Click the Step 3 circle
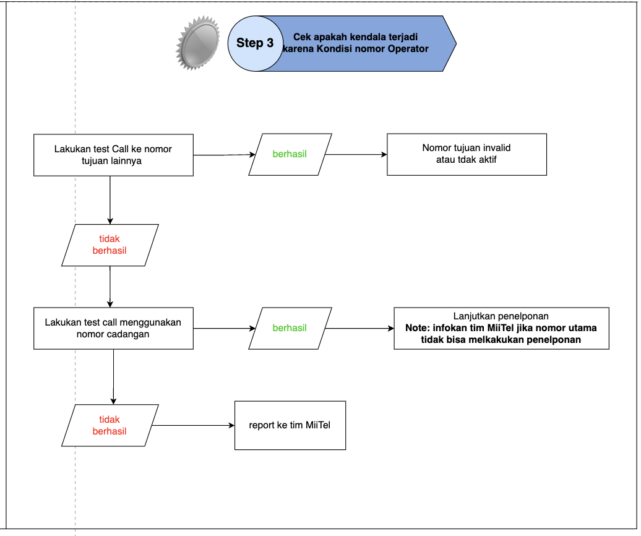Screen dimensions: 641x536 pyautogui.click(x=255, y=44)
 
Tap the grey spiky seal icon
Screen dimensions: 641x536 pyautogui.click(x=198, y=43)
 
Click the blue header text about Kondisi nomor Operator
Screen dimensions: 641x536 pyautogui.click(x=355, y=43)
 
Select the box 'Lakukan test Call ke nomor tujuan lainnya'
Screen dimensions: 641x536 pyautogui.click(x=113, y=155)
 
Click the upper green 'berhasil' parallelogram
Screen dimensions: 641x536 pyautogui.click(x=290, y=155)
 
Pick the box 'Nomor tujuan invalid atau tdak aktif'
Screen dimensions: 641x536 pyautogui.click(x=467, y=155)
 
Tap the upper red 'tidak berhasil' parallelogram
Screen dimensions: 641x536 pyautogui.click(x=110, y=245)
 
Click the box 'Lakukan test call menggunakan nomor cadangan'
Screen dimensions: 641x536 pyautogui.click(x=113, y=328)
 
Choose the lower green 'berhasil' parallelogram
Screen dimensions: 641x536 pyautogui.click(x=290, y=328)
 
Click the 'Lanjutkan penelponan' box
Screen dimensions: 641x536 pyautogui.click(x=501, y=328)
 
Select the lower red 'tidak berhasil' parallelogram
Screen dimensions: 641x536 pyautogui.click(x=110, y=425)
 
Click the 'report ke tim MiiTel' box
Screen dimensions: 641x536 pyautogui.click(x=290, y=425)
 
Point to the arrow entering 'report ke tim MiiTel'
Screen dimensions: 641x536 pyautogui.click(x=193, y=426)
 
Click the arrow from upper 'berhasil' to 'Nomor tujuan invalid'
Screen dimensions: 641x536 pyautogui.click(x=356, y=155)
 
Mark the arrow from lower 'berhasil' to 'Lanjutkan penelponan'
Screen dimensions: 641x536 pyautogui.click(x=359, y=328)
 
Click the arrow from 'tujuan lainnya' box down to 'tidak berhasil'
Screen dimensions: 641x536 pyautogui.click(x=110, y=200)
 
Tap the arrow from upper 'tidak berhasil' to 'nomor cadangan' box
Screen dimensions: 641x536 pyautogui.click(x=110, y=287)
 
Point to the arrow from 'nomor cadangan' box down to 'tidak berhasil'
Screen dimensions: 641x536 pyautogui.click(x=113, y=377)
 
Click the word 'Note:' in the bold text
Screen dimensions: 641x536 pyautogui.click(x=418, y=328)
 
